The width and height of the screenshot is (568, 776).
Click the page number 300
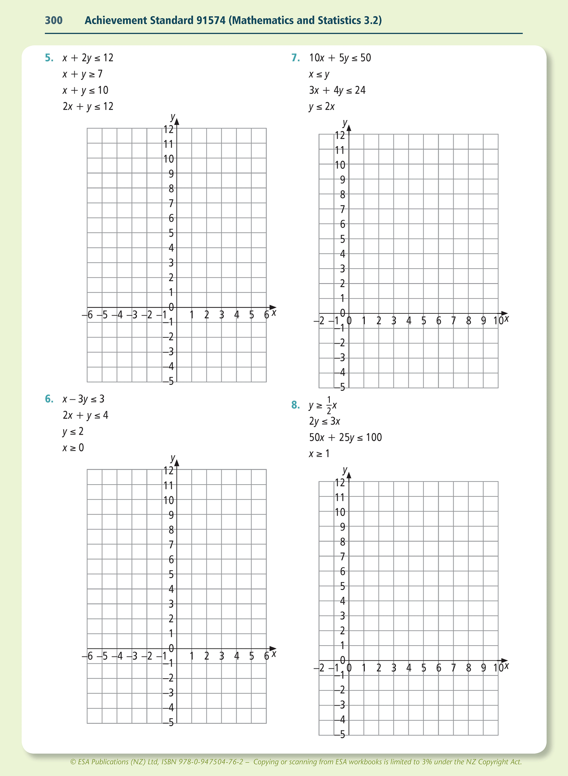(x=54, y=20)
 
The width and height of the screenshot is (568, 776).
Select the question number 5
(x=49, y=58)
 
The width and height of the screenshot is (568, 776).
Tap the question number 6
(x=49, y=399)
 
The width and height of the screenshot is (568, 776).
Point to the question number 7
(x=296, y=58)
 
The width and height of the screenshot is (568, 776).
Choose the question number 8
(x=296, y=405)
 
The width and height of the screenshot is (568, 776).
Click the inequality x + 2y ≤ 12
(x=88, y=58)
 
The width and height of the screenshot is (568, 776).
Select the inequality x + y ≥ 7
(x=83, y=74)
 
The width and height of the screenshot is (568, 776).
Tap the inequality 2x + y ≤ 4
(x=85, y=415)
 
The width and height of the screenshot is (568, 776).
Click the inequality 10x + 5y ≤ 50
(x=340, y=58)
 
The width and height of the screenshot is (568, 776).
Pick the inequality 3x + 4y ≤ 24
(x=337, y=91)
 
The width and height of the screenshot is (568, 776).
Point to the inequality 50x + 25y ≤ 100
(x=346, y=437)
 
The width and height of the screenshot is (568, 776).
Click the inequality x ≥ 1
(x=319, y=454)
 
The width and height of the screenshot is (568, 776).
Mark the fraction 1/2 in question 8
(x=329, y=405)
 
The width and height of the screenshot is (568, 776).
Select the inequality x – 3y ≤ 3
(x=83, y=399)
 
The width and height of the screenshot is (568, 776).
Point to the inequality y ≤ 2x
(x=322, y=107)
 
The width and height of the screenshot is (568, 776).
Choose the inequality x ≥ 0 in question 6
(x=73, y=448)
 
